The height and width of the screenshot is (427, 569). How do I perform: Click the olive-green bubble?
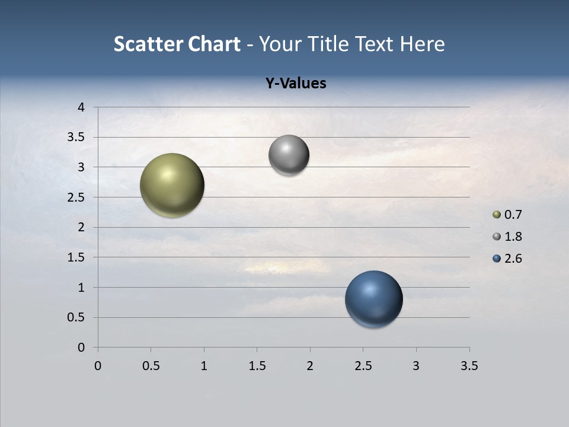point(172,185)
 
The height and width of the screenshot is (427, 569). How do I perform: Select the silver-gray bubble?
point(289,155)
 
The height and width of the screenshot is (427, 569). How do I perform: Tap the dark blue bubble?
point(373,299)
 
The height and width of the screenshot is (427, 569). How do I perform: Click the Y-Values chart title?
point(296,84)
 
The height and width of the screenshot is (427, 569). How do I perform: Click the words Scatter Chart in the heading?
point(177,44)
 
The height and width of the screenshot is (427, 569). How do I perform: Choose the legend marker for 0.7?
point(497,215)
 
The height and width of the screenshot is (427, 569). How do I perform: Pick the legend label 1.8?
point(513,237)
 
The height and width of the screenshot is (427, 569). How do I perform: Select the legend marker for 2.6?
point(497,259)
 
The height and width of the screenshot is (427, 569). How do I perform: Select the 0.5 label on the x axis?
point(151,366)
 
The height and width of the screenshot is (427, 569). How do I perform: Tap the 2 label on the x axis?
point(310,366)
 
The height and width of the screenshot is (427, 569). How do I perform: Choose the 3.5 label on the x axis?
point(469,366)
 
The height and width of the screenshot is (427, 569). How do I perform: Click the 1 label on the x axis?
point(204,366)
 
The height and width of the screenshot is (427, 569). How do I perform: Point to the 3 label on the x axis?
point(416,366)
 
